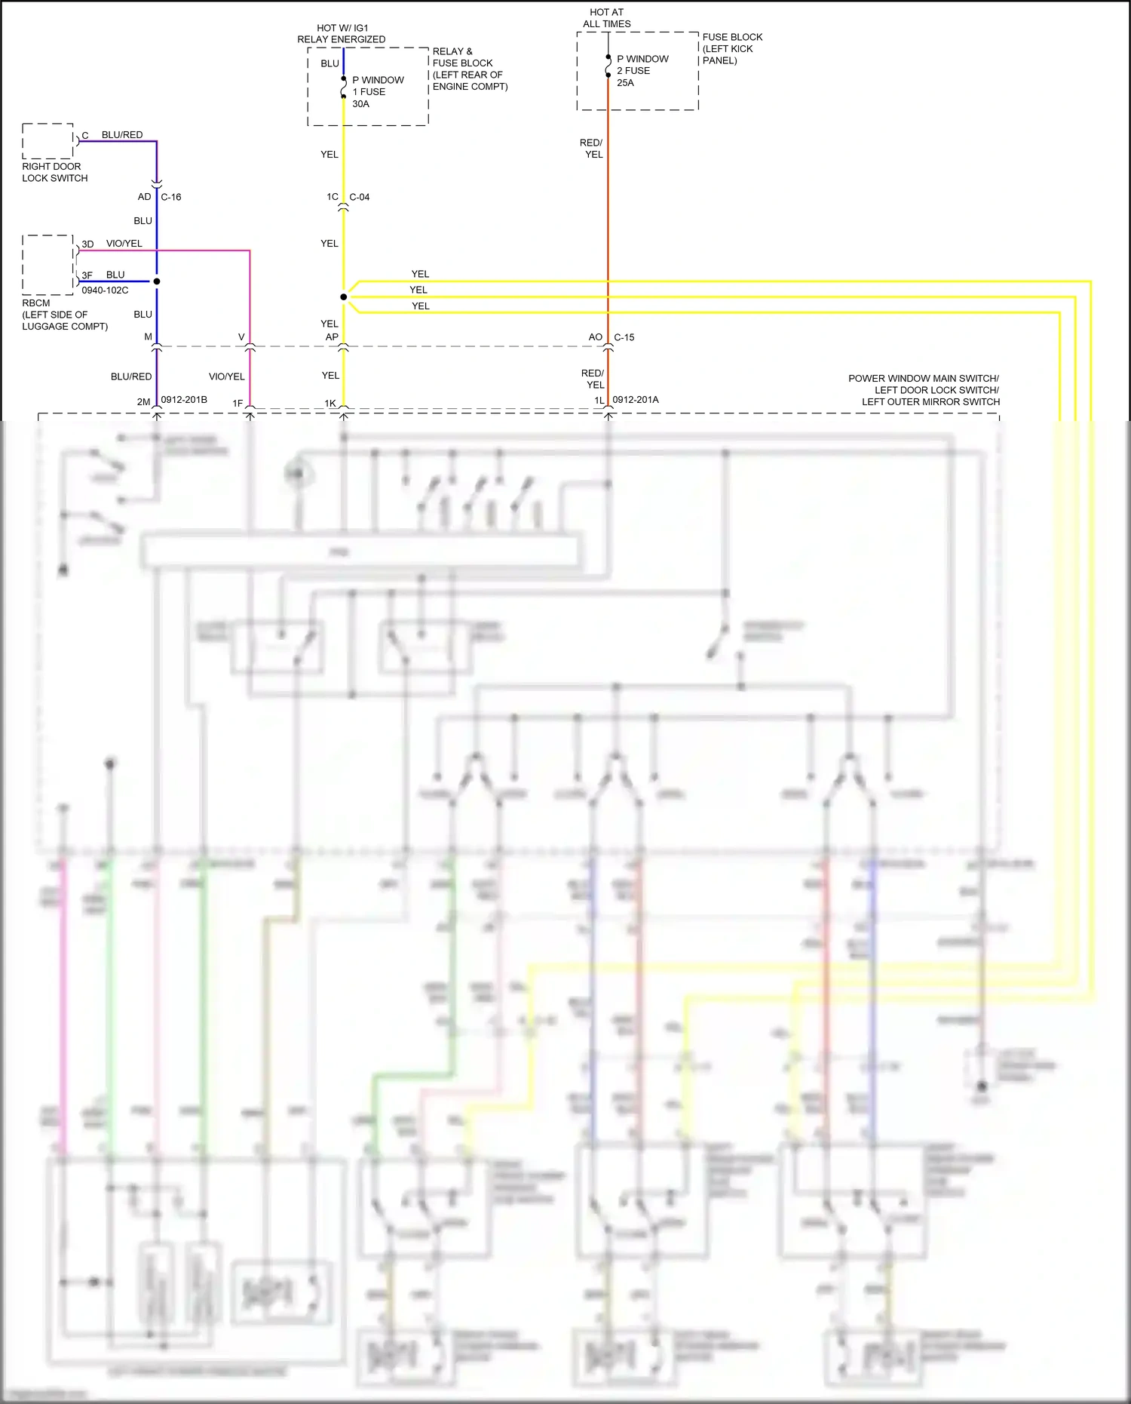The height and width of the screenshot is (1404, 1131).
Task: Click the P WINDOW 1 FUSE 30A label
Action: click(x=377, y=91)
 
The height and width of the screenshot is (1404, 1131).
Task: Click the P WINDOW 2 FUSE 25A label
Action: click(x=642, y=70)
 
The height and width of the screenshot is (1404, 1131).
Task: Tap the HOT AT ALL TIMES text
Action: click(x=606, y=18)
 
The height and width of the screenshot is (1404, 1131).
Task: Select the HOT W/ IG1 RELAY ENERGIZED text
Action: click(x=341, y=33)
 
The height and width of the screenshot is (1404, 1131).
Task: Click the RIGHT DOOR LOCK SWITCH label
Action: click(x=54, y=172)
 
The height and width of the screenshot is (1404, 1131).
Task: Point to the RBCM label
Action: click(x=35, y=303)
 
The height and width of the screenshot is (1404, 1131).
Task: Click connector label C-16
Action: click(x=171, y=197)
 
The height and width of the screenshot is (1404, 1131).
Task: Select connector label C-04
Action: click(x=359, y=197)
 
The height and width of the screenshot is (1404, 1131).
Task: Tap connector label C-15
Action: click(x=624, y=337)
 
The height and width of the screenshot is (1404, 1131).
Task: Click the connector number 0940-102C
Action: click(x=105, y=290)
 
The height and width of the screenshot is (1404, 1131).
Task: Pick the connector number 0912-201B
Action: click(x=184, y=400)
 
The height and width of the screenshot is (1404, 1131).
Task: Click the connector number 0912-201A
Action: click(x=635, y=400)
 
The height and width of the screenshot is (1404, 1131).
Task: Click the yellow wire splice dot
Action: click(x=344, y=297)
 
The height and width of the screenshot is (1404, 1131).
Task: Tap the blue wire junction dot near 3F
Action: click(x=157, y=281)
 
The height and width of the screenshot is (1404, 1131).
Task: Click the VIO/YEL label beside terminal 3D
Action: click(x=124, y=244)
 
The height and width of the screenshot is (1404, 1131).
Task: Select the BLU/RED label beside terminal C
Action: click(x=122, y=135)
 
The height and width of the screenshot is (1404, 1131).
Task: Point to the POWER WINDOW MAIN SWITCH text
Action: click(x=923, y=379)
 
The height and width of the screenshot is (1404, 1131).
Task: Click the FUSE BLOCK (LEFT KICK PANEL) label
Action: click(x=731, y=48)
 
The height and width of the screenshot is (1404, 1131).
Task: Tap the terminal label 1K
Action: click(x=330, y=403)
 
